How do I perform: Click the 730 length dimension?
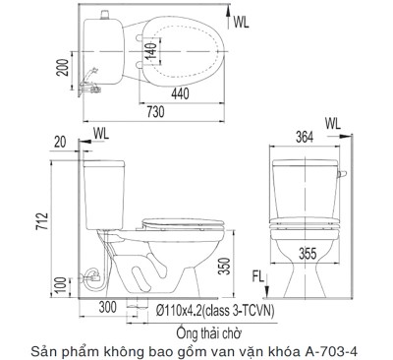point(155,112)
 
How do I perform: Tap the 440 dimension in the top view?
point(180,94)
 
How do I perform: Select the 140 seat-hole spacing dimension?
point(151,51)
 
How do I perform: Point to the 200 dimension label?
point(63,68)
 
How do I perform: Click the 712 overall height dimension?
point(42,221)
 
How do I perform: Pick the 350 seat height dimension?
point(225,266)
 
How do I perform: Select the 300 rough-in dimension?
point(108,307)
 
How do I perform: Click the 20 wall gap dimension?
point(60,143)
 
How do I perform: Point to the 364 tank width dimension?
point(305,137)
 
